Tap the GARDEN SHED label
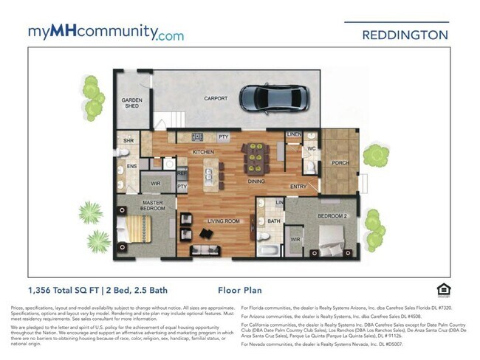131,103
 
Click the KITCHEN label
203,152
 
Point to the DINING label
256,181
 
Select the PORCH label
340,163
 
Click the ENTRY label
298,187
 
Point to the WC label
312,149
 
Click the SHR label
128,140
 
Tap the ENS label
131,167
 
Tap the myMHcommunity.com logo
106,32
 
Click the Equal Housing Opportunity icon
444,289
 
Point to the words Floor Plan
240,291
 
